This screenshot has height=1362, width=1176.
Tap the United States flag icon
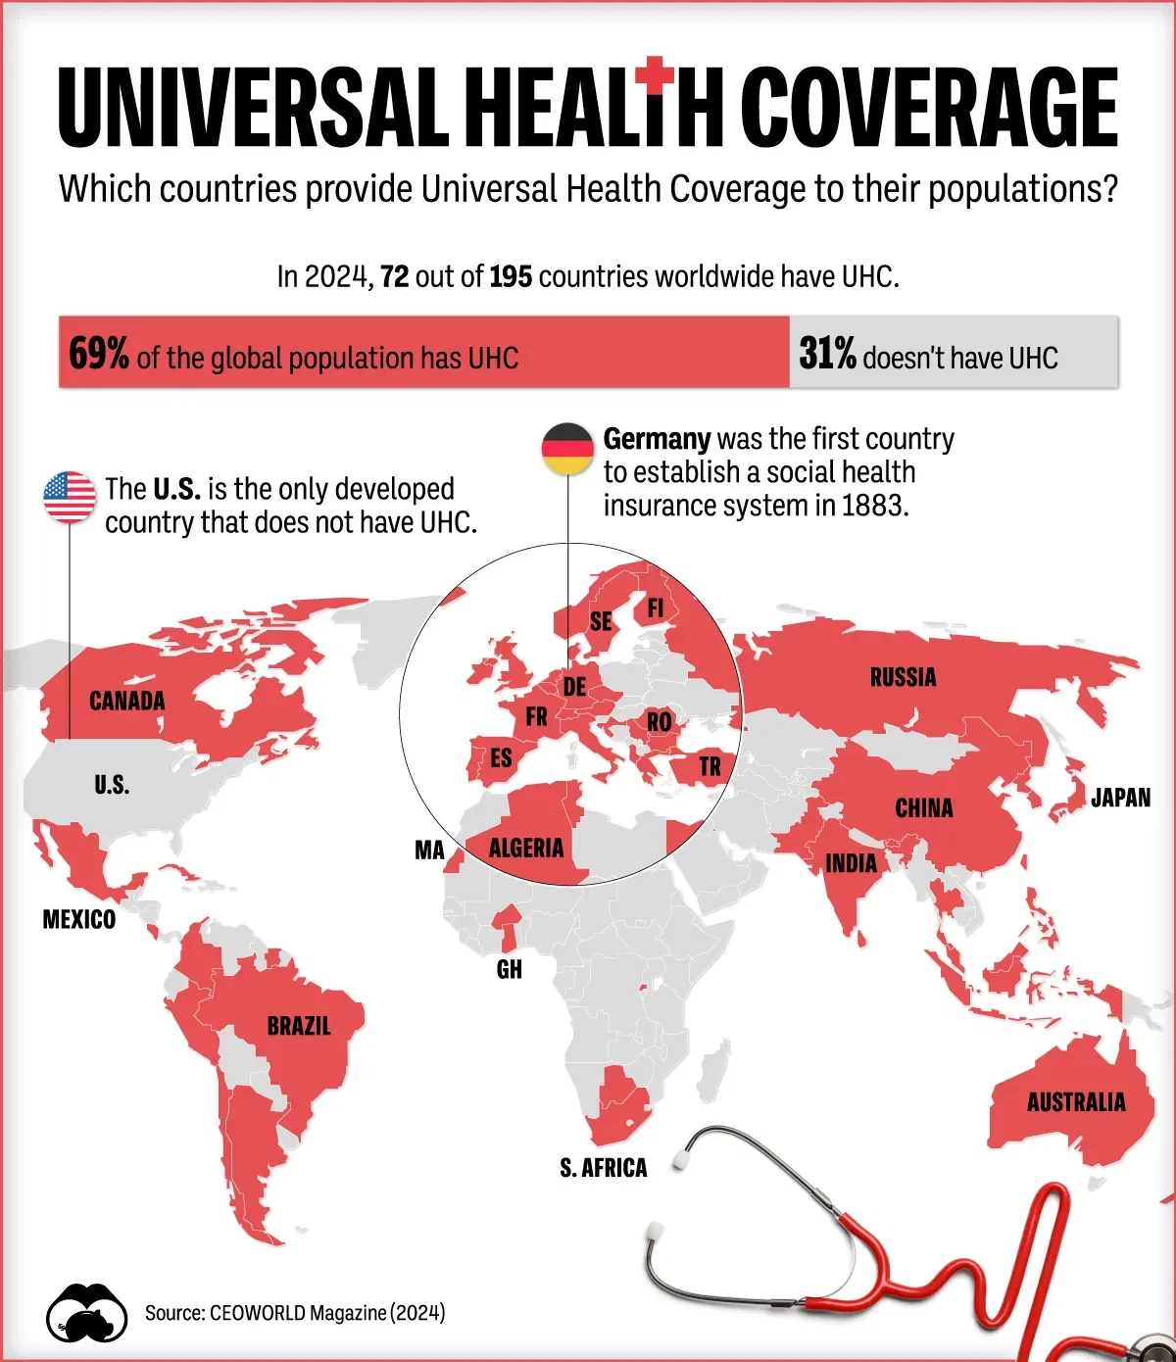click(x=70, y=497)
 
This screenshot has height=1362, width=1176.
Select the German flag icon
click(x=567, y=449)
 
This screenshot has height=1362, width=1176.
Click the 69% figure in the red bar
click(x=99, y=354)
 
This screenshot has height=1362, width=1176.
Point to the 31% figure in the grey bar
click(x=827, y=354)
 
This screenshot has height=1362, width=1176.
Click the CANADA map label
click(x=127, y=701)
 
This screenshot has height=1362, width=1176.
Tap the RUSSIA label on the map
click(x=903, y=677)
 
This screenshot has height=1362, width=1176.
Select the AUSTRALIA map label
click(x=1076, y=1102)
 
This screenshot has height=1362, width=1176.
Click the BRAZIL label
click(x=299, y=1026)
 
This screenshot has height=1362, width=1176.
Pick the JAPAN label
click(x=1120, y=798)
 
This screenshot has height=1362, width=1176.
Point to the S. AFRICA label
click(x=604, y=1168)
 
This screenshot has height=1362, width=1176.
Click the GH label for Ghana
click(x=510, y=969)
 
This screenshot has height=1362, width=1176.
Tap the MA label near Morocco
click(x=429, y=851)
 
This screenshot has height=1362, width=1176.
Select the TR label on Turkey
click(x=710, y=766)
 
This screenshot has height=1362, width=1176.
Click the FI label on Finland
click(x=656, y=608)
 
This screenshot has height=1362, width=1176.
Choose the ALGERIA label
click(x=526, y=848)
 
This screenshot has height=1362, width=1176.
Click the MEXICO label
click(x=79, y=919)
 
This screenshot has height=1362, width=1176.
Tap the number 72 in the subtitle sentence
click(x=394, y=277)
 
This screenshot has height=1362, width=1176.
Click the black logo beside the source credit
click(x=87, y=1313)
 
